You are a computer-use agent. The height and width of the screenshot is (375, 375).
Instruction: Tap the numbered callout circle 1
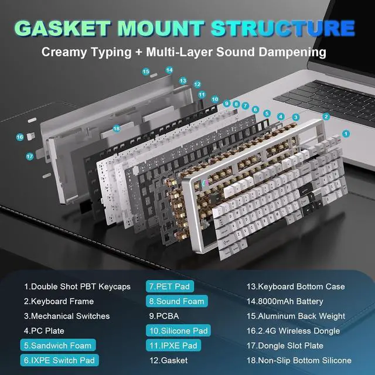click(346, 134)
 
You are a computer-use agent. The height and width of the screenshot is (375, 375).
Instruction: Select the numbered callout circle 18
click(116, 128)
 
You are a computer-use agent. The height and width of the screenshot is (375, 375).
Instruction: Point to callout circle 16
click(20, 137)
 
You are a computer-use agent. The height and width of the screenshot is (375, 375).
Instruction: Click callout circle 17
click(29, 156)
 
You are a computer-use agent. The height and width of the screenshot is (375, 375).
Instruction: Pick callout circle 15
click(146, 71)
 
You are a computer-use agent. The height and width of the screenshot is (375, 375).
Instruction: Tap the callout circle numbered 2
click(326, 117)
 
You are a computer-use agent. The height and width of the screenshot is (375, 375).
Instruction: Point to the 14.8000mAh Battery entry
click(285, 301)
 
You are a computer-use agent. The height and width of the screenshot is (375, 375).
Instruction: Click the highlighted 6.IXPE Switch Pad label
click(59, 360)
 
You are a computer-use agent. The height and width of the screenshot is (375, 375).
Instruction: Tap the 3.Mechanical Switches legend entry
click(67, 316)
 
